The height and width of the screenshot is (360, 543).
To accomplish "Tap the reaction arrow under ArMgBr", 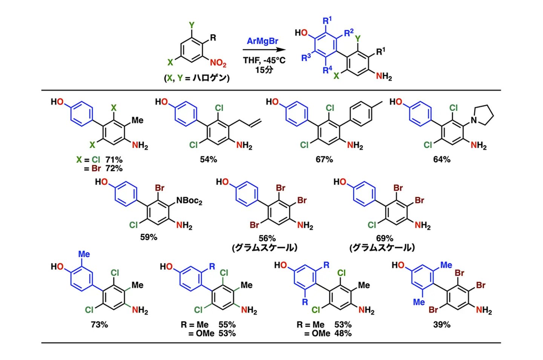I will coord(264,50).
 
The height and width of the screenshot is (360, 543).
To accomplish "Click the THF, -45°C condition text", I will coord(264,60).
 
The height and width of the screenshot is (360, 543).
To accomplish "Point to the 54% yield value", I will coord(208,160).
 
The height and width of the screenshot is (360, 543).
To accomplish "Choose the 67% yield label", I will coord(324,160).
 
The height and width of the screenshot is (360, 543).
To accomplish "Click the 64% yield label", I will coord(442,160).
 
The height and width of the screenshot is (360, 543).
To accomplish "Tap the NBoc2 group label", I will coord(189,200).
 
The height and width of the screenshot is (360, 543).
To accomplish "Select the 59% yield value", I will coord(149,237).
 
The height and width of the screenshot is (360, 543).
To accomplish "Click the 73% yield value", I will coord(99,325).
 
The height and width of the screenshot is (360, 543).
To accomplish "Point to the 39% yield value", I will coord(442,325).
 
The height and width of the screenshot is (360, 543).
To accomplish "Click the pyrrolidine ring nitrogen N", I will coord(474,120).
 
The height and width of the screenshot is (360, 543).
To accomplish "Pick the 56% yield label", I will coord(267,238).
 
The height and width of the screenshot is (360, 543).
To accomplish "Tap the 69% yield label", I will coord(384,238).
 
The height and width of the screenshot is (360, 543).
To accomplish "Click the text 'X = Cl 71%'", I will coord(100,160).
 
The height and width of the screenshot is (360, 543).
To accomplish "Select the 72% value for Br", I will coord(114,168).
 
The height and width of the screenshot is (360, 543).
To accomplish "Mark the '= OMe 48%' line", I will coord(328,334).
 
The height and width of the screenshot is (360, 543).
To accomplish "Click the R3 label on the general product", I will coord(306,57).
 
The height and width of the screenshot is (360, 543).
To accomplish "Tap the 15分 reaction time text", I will coord(264,70).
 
